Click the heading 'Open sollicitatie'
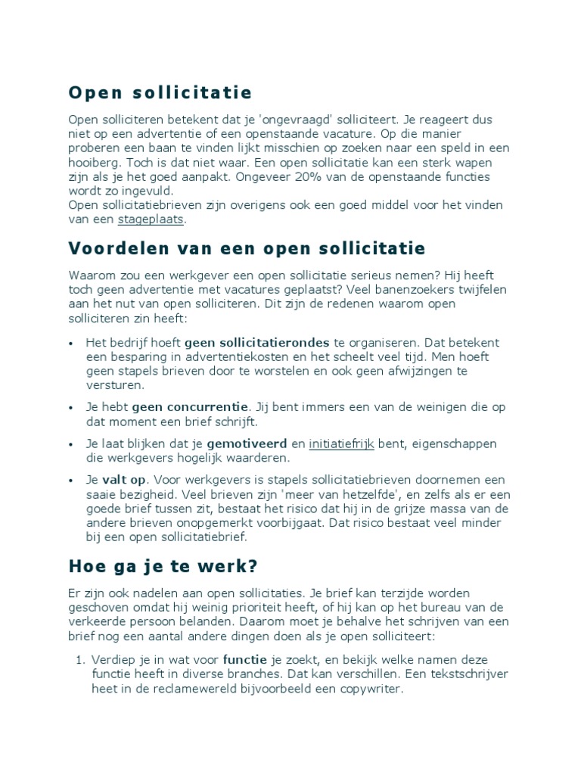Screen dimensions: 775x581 point(160,93)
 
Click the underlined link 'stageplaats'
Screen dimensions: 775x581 point(151,219)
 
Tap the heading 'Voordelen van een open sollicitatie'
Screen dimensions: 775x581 point(247,249)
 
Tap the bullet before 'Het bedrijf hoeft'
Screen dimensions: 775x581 point(71,343)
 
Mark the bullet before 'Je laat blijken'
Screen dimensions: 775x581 point(71,444)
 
